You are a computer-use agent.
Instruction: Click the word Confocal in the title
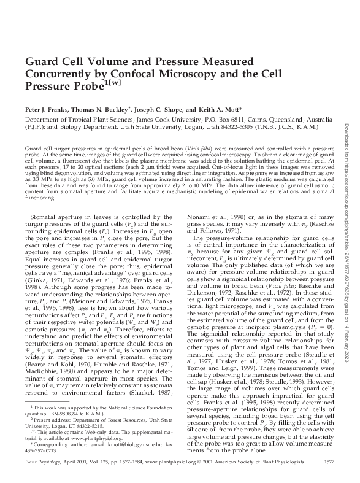[125, 74]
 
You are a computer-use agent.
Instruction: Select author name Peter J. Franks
[47, 106]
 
